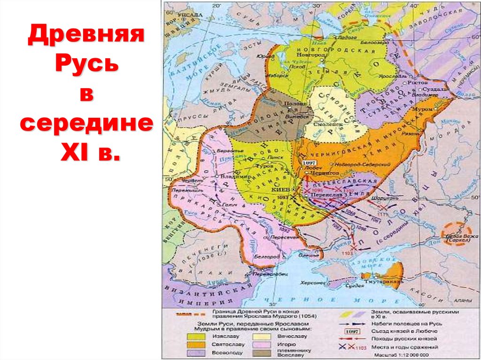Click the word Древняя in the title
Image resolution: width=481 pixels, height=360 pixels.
pos(85,36)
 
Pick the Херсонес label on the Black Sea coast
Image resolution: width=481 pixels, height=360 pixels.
pos(313,283)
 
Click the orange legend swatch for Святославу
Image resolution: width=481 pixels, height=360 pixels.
pos(193,345)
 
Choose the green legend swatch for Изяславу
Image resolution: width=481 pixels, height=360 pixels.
pos(193,337)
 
